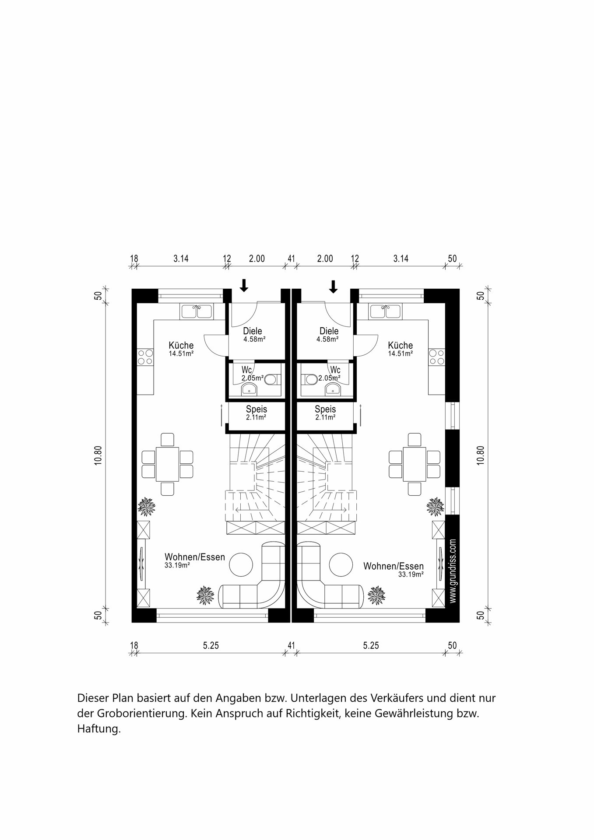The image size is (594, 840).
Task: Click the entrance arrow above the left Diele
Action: click(244, 285)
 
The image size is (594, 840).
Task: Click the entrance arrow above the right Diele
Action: click(334, 287)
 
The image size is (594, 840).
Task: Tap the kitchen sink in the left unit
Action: click(196, 311)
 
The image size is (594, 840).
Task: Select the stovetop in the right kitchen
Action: click(437, 357)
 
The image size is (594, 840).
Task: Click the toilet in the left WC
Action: click(271, 379)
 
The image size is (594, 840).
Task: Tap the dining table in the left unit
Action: click(167, 464)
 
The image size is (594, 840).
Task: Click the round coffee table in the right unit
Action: click(341, 564)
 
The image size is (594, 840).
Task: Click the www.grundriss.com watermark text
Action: click(453, 571)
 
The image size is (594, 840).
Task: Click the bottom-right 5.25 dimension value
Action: click(371, 645)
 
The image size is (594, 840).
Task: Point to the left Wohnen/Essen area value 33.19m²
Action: click(177, 565)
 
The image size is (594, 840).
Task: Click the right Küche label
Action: click(401, 345)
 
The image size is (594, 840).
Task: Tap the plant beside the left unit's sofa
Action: click(205, 595)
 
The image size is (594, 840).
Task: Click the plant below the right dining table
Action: click(436, 507)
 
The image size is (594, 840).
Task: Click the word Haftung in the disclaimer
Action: click(99, 729)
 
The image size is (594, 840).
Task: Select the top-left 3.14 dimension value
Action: click(181, 259)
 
